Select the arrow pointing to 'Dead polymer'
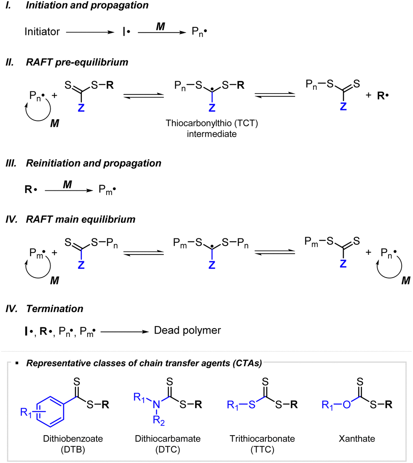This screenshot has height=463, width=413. pos(125,331)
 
